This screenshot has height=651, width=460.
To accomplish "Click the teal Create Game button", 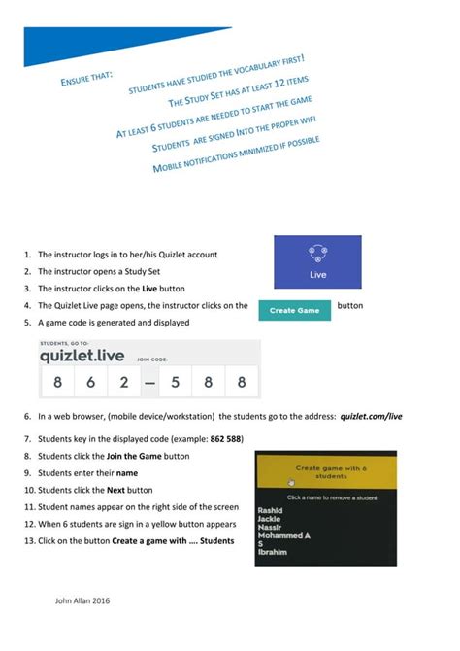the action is [294, 311].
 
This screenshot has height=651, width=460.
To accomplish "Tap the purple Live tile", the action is [318, 260].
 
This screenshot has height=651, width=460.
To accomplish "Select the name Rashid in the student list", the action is [269, 509].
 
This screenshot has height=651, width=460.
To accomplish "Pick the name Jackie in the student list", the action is [269, 518].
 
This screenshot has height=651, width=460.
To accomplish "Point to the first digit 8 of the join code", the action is [57, 382].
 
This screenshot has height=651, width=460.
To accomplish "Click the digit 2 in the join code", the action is [123, 382].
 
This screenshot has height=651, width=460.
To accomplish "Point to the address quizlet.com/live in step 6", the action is [371, 416].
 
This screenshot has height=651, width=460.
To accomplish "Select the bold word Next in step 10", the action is [115, 491].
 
